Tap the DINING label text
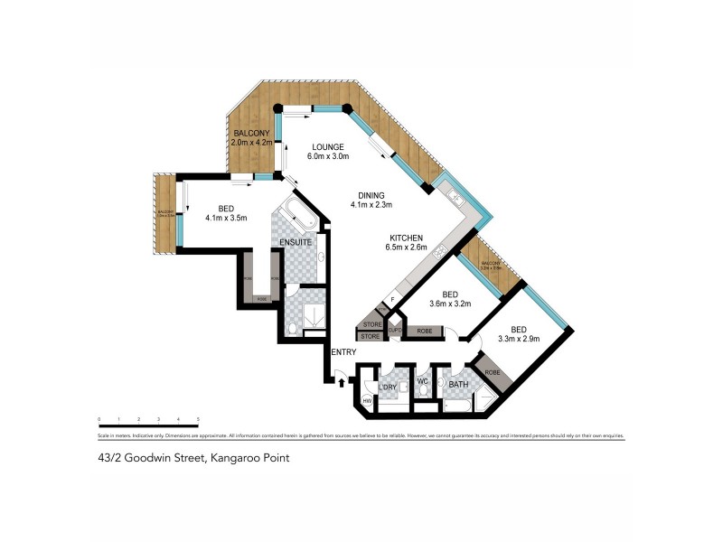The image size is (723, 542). (371, 194)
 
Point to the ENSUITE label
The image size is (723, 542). (296, 243)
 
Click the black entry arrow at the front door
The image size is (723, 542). (341, 381)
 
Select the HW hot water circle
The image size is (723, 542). (368, 401)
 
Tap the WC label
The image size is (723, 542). (422, 382)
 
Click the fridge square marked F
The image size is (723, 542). (392, 300)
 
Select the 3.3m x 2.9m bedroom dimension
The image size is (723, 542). (518, 339)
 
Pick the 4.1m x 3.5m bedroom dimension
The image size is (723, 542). (226, 218)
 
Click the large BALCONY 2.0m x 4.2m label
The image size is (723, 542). (251, 138)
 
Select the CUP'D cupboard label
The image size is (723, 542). (395, 331)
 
